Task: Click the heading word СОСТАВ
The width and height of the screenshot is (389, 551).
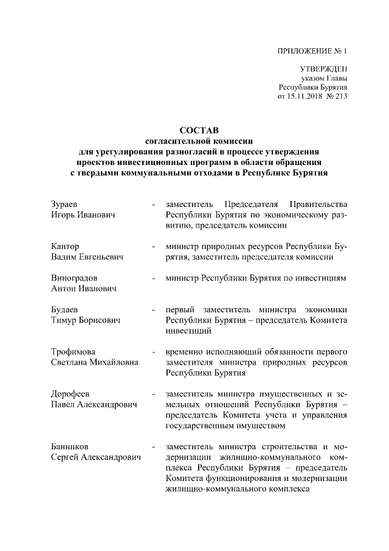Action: (x=199, y=130)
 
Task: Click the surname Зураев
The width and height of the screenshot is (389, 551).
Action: (x=64, y=203)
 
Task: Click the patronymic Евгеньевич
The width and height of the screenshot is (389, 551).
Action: (x=98, y=258)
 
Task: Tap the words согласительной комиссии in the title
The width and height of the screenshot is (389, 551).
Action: (x=198, y=141)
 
